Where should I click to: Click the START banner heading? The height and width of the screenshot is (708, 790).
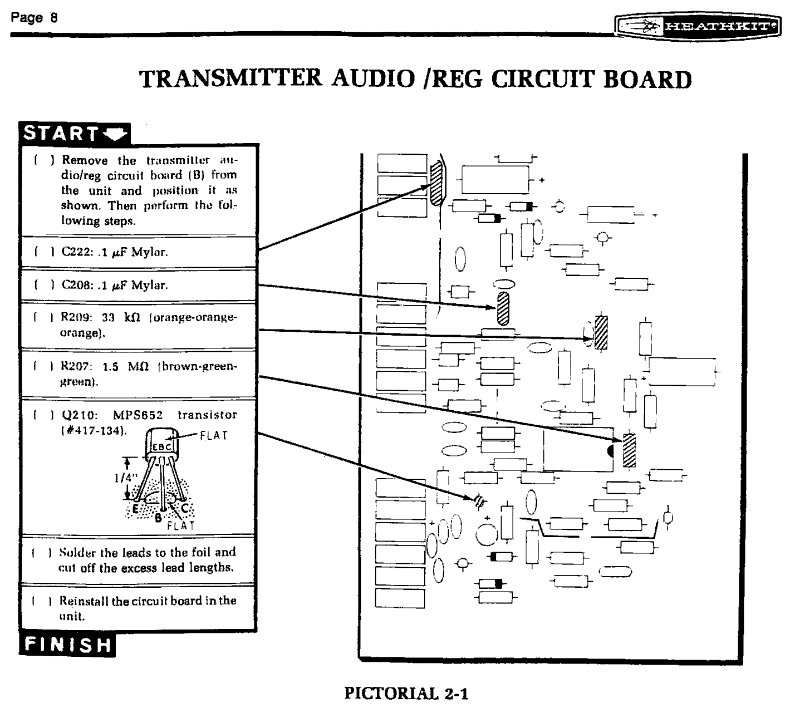[x=75, y=134]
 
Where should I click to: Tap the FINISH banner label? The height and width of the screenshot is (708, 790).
[x=67, y=645]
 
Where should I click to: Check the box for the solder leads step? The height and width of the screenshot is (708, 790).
[x=41, y=553]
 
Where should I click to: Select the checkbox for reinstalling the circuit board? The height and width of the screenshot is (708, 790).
[x=41, y=601]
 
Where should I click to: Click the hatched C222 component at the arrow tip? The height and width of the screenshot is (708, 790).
[x=436, y=183]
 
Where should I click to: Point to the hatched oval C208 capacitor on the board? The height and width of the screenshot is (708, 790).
[x=503, y=309]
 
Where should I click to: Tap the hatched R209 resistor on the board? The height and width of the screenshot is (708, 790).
[x=601, y=332]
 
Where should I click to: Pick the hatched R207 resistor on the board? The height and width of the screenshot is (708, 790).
[x=629, y=450]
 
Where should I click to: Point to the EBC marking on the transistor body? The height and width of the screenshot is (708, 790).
[x=161, y=446]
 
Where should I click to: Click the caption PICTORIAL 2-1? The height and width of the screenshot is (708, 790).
[x=406, y=694]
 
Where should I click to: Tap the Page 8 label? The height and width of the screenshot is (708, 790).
[x=34, y=17]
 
